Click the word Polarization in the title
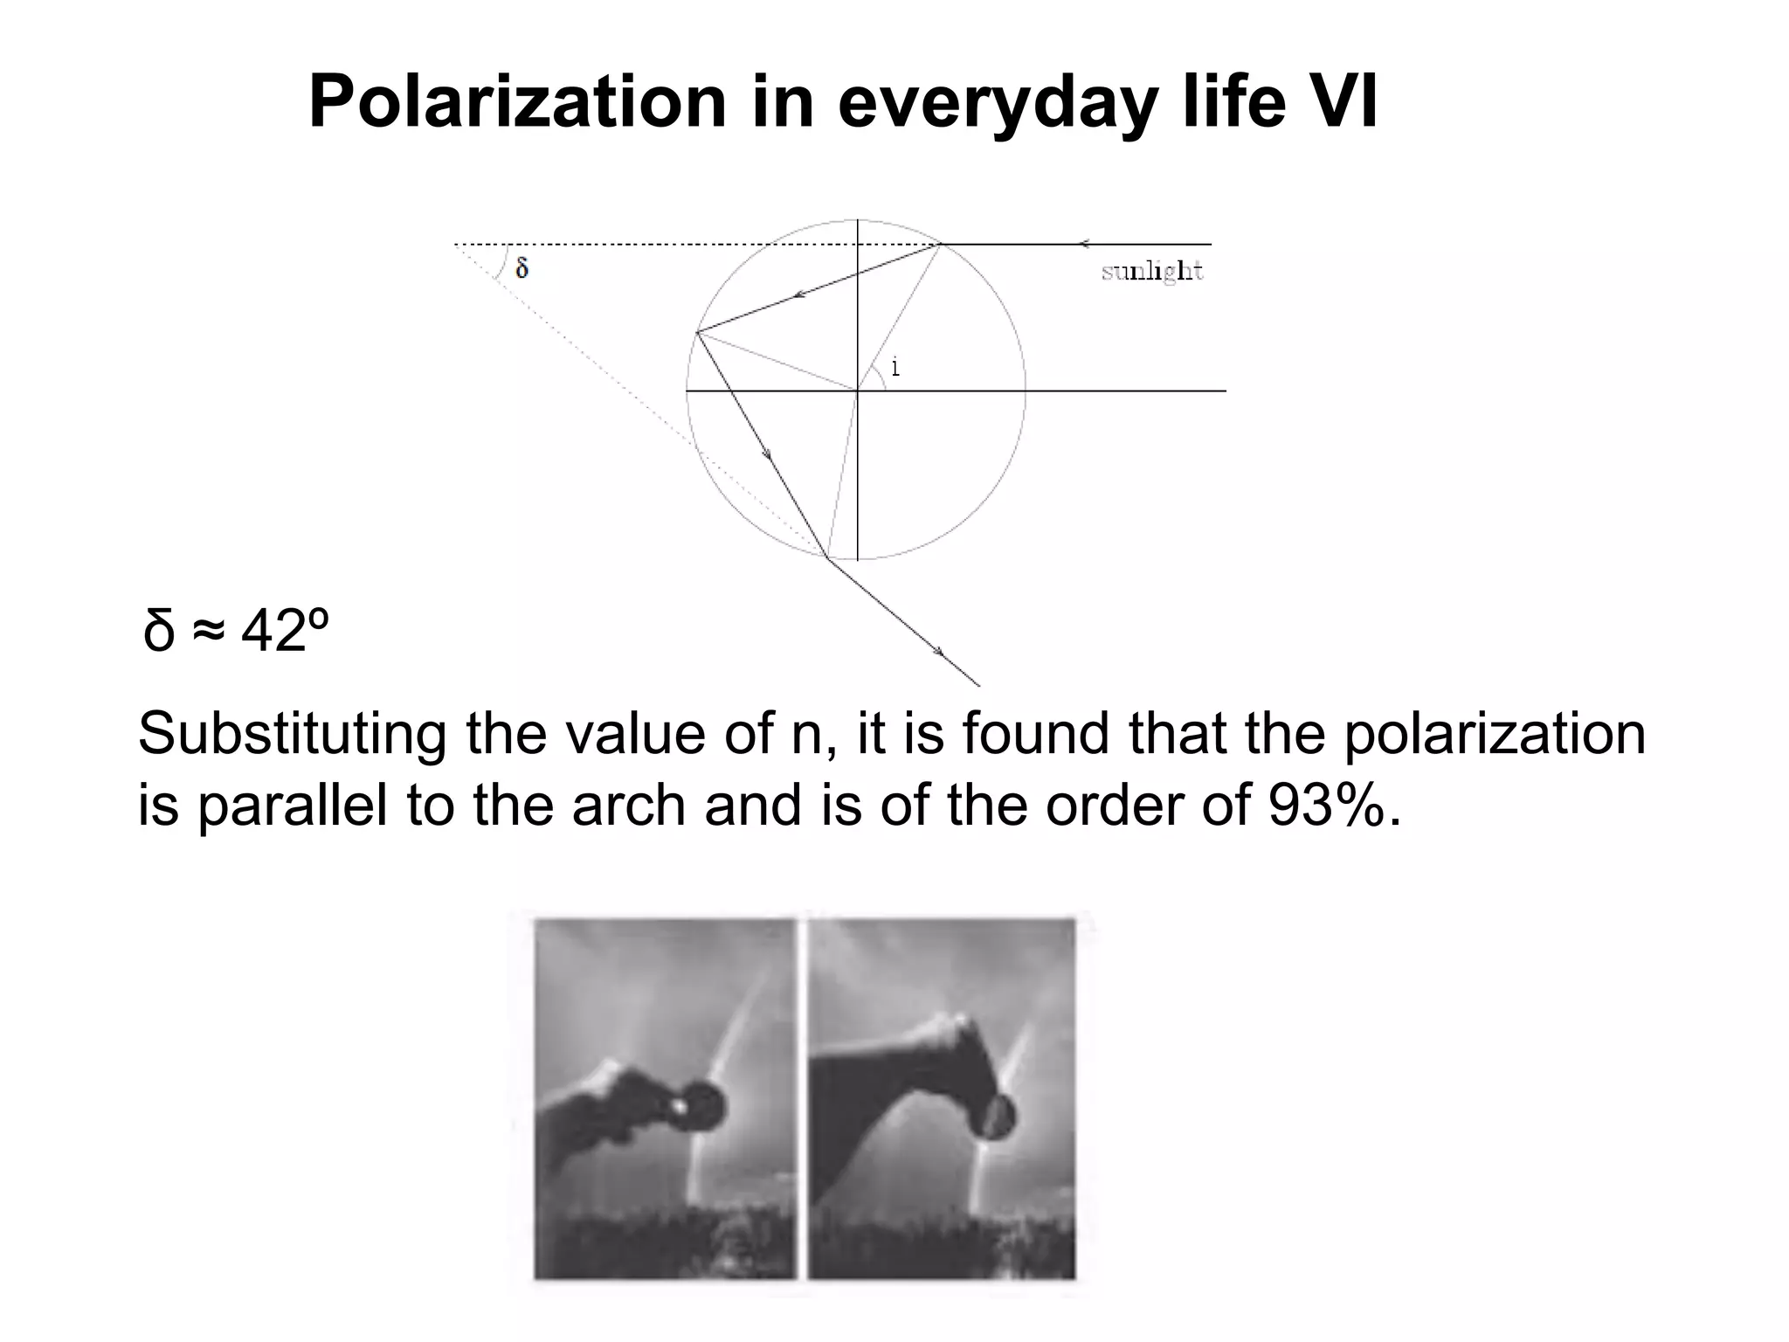(517, 102)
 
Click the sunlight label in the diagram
(1151, 272)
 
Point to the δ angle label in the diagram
(522, 267)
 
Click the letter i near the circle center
(895, 368)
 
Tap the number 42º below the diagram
(285, 630)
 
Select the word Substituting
(292, 734)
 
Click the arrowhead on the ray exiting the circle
(938, 651)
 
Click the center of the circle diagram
(858, 391)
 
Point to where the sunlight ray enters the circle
(939, 244)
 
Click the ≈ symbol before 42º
(208, 630)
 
